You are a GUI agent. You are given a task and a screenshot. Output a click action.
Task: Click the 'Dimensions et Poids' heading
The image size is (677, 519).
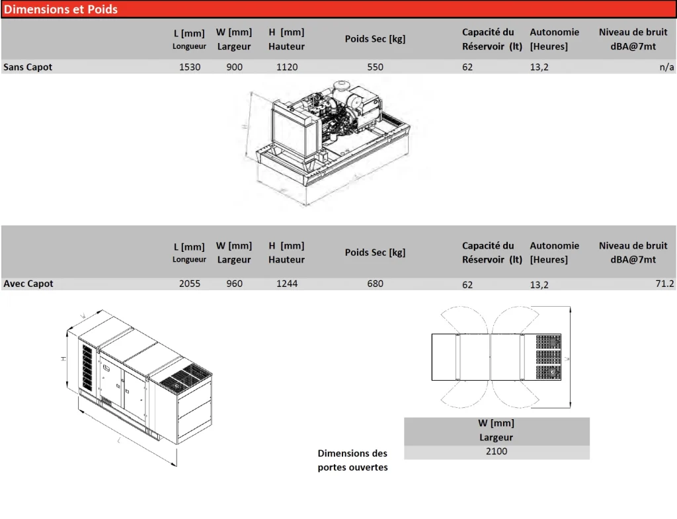61,9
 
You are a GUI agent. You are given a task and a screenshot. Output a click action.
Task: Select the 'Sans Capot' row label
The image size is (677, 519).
28,67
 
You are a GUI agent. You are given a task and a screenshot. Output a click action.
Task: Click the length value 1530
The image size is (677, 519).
190,67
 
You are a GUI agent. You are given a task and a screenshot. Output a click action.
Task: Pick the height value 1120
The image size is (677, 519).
287,67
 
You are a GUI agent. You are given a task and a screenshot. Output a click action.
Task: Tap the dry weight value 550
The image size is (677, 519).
375,67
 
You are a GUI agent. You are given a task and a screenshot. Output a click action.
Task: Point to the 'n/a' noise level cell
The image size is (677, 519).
666,67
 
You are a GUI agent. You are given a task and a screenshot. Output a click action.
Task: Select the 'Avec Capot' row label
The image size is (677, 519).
28,284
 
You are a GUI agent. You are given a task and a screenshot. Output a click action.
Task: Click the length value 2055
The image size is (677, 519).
190,284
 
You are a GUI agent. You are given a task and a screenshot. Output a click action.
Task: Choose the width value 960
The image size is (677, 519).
234,284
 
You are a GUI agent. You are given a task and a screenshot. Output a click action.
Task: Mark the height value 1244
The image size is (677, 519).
287,284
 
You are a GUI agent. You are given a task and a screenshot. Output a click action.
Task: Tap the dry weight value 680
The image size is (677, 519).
375,284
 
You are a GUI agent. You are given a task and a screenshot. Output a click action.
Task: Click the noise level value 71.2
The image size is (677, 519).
664,284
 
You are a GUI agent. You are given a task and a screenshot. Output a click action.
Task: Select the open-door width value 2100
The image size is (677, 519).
497,452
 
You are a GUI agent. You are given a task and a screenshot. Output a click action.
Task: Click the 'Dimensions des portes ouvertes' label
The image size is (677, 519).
352,460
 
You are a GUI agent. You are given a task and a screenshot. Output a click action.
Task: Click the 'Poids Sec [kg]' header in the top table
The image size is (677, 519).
375,39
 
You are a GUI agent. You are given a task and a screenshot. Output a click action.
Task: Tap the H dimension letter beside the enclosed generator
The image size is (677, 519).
64,358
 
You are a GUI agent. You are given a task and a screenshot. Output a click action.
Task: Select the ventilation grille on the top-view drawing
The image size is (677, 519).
548,357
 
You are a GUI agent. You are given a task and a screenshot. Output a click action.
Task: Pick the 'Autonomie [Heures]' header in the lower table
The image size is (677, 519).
554,253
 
